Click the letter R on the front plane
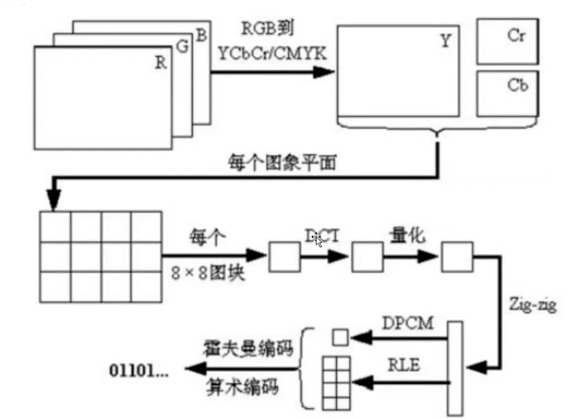tap(161, 63)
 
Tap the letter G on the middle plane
tap(183, 47)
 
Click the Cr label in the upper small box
tap(516, 36)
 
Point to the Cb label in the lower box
tap(517, 85)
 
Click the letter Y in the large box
tap(446, 41)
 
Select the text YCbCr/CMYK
tap(272, 54)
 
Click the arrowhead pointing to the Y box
tap(324, 72)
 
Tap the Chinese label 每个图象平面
tap(282, 163)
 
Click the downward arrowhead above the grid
tap(54, 199)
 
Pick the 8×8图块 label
tap(208, 273)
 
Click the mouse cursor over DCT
tap(317, 239)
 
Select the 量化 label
tap(407, 235)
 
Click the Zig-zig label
tap(533, 304)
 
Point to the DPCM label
tap(408, 323)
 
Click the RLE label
tap(404, 365)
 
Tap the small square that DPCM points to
tap(340, 337)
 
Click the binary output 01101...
tap(138, 371)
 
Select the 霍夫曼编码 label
tap(248, 348)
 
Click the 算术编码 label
tap(242, 387)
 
